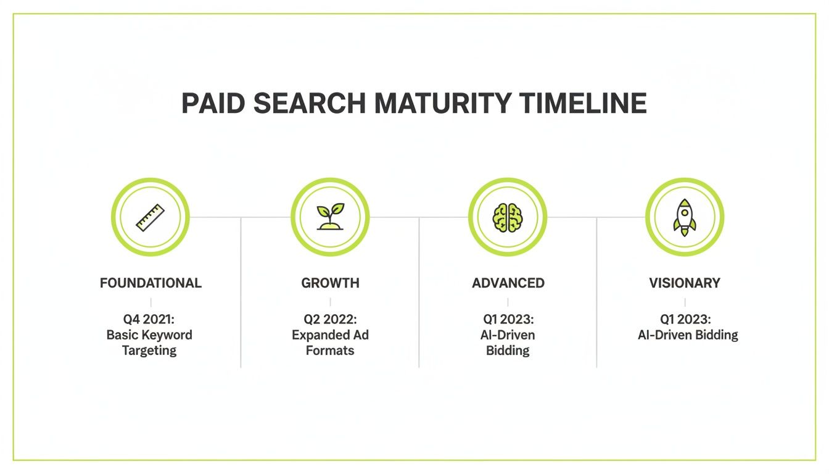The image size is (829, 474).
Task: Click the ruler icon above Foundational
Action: point(151,217)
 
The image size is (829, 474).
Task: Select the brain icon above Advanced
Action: point(508,217)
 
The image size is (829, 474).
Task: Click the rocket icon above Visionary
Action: point(685,217)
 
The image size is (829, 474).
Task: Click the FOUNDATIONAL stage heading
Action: point(151,283)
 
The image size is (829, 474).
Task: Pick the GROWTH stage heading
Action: point(330,283)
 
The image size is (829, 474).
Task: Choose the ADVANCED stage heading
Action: point(508,283)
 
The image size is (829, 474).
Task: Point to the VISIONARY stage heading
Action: point(685,283)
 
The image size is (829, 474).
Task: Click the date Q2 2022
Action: point(330,320)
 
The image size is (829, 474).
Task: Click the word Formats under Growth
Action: point(330,351)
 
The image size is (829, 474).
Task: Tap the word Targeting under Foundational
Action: point(149,351)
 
